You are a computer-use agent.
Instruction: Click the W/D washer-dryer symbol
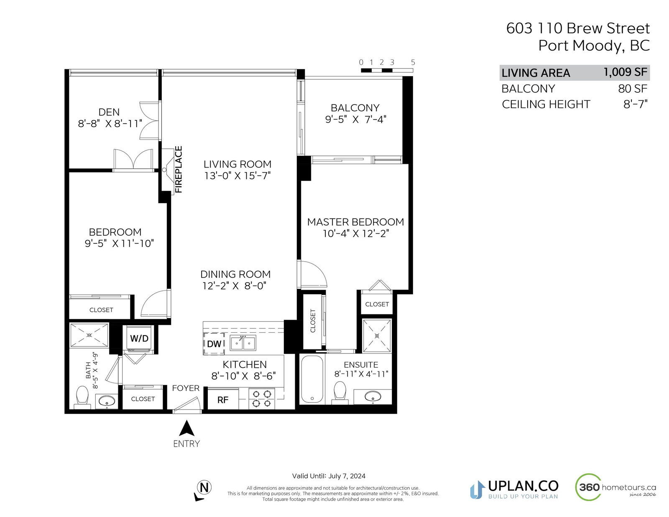(139, 338)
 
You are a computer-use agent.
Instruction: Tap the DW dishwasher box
(214, 344)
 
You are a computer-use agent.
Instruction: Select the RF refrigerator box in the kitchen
(223, 400)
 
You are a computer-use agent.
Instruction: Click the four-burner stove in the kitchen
(262, 399)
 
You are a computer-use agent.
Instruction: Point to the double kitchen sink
(243, 343)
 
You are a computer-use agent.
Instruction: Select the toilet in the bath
(82, 397)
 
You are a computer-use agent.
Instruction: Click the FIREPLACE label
(179, 170)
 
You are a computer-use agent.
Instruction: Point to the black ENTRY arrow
(186, 428)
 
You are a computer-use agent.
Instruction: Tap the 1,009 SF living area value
(625, 72)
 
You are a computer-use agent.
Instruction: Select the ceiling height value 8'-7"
(636, 104)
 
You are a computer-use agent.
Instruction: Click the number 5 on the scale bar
(413, 62)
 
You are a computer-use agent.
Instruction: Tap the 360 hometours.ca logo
(615, 487)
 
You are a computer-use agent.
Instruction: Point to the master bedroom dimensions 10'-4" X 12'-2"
(355, 234)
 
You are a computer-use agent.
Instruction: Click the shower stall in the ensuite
(377, 336)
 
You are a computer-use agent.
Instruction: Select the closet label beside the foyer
(143, 399)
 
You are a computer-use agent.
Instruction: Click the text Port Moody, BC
(594, 46)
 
